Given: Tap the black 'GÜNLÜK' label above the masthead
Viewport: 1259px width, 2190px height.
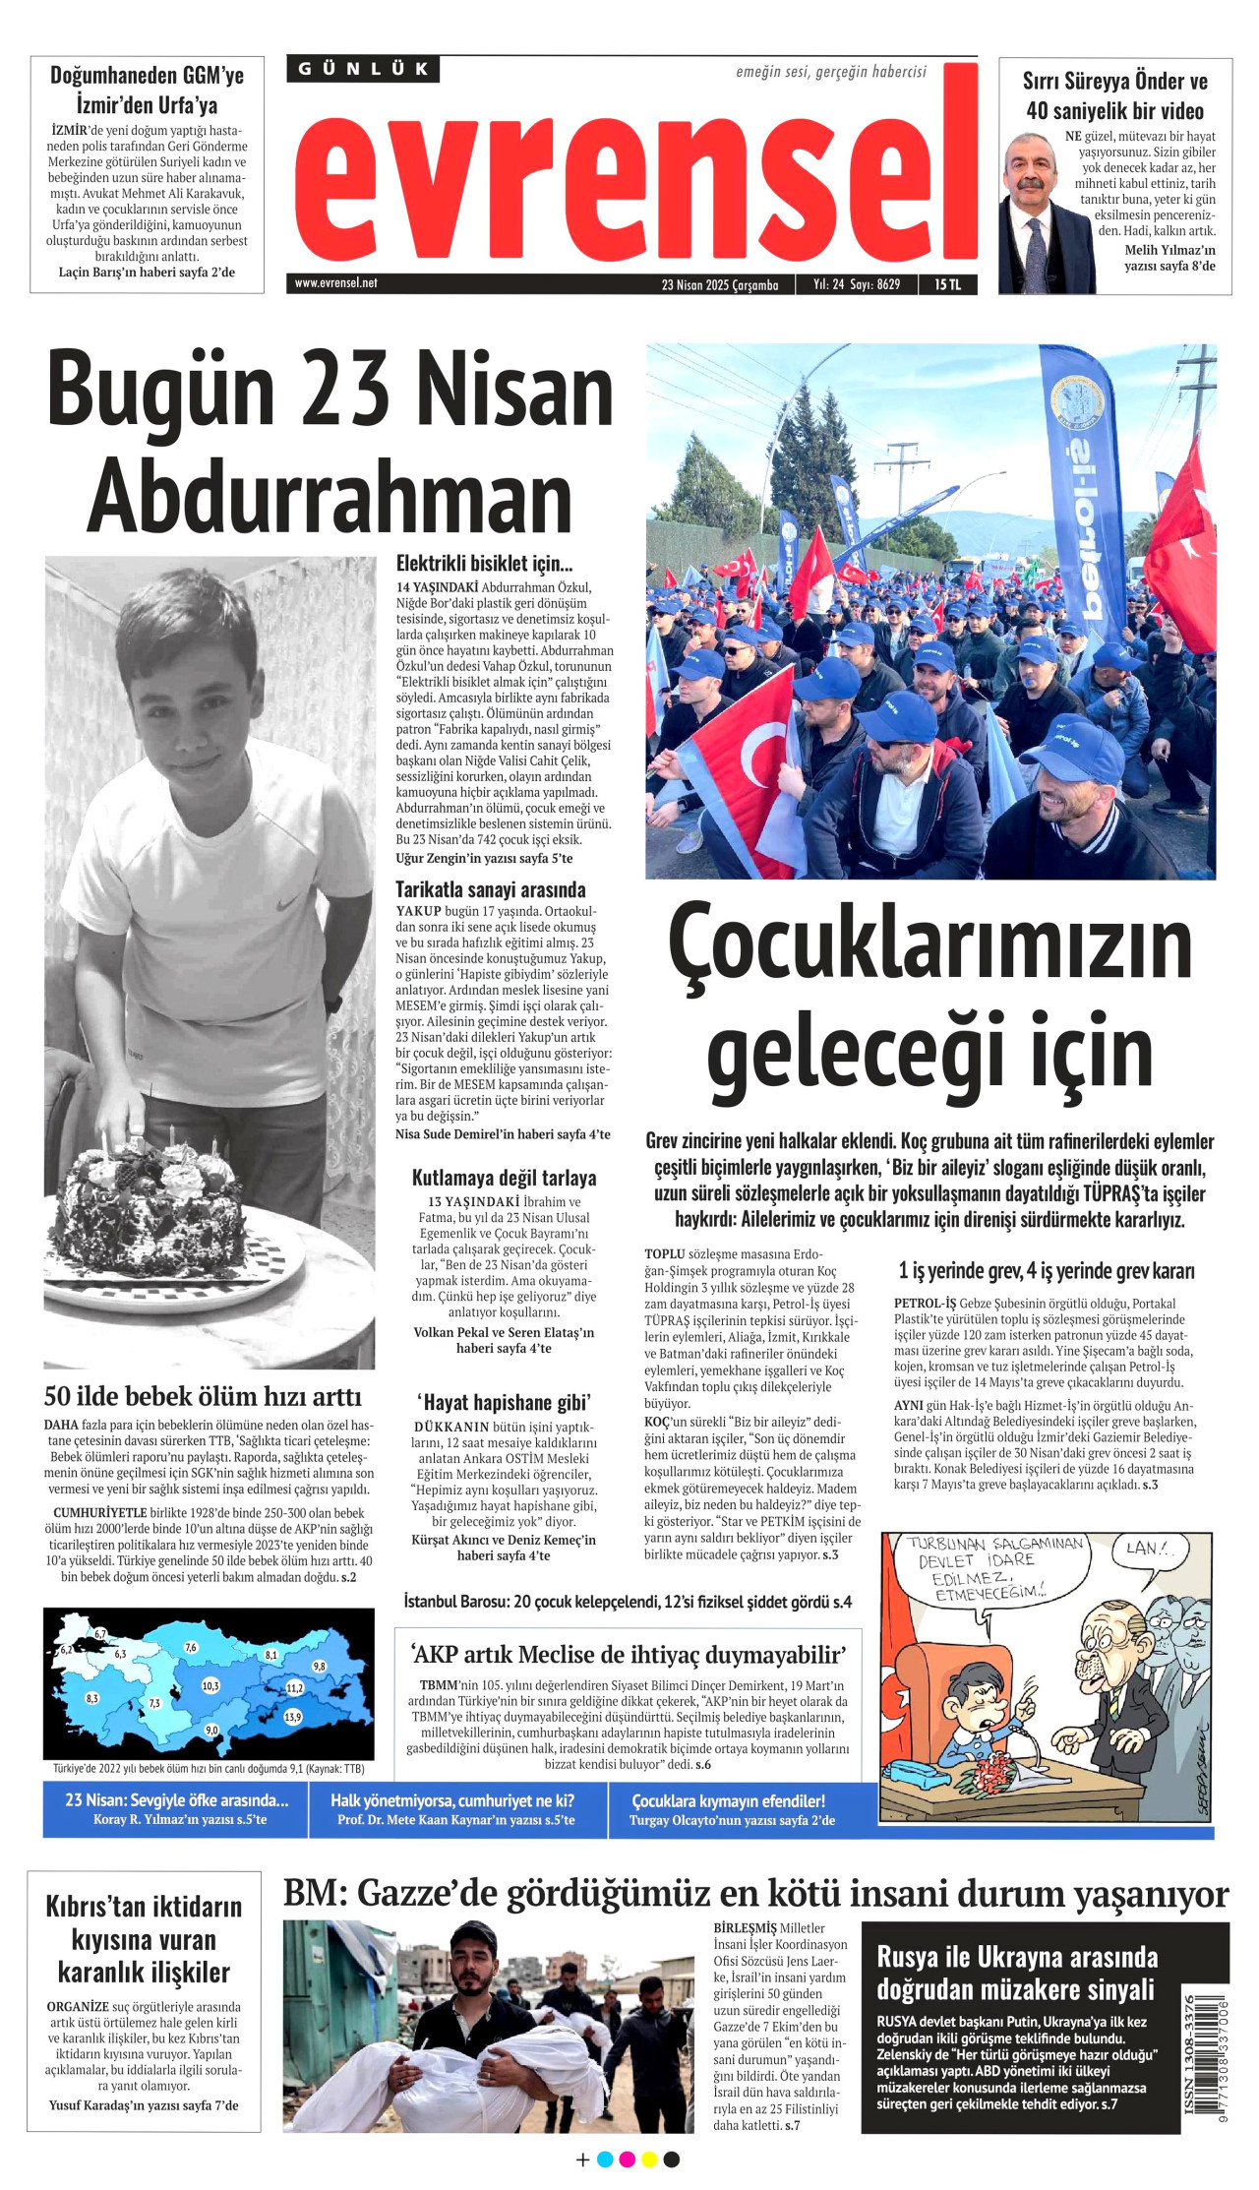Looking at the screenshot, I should (364, 69).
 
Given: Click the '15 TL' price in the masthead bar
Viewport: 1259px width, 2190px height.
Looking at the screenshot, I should (947, 284).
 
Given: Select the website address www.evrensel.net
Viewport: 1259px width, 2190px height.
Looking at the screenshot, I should (335, 283).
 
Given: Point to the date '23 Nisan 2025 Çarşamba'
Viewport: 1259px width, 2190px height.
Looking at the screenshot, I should (720, 285).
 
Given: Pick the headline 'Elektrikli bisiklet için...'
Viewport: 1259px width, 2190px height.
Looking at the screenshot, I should (484, 564).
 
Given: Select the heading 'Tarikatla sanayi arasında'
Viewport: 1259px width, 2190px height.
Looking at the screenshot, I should (490, 889).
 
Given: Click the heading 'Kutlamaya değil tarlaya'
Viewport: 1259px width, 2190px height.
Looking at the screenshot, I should (504, 1178).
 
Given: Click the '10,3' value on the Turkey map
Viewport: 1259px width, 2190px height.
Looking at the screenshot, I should (210, 1685).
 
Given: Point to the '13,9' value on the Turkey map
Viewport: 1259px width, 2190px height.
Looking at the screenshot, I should (292, 1717).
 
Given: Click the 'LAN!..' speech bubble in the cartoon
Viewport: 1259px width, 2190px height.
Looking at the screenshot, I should (1150, 1549).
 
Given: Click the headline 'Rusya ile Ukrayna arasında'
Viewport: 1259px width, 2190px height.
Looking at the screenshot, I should (1016, 1958).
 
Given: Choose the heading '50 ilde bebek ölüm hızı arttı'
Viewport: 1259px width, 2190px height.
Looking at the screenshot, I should (203, 1396).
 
